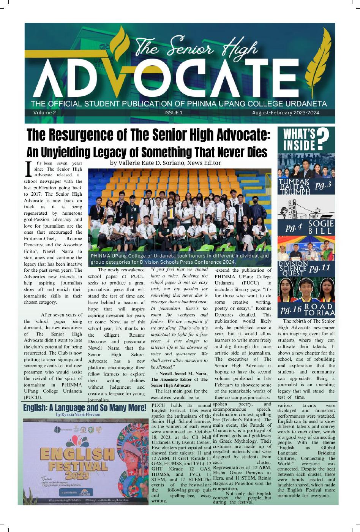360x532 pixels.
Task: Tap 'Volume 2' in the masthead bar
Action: point(44,113)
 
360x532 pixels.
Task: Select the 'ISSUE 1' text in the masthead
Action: point(174,113)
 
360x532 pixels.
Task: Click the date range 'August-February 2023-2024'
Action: point(286,113)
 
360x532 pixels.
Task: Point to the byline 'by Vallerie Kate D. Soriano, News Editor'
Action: point(165,163)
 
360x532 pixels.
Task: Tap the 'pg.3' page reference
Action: point(323,185)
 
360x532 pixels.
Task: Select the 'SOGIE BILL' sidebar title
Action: point(320,227)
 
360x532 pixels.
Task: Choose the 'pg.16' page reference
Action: point(291,310)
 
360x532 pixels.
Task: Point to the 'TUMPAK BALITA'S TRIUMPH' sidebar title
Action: point(295,186)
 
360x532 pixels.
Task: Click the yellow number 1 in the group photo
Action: point(171,214)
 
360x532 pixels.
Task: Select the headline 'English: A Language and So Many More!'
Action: point(85,408)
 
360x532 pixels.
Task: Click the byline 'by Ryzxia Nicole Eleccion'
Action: point(78,415)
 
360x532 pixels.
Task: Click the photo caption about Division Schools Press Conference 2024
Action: point(180,259)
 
